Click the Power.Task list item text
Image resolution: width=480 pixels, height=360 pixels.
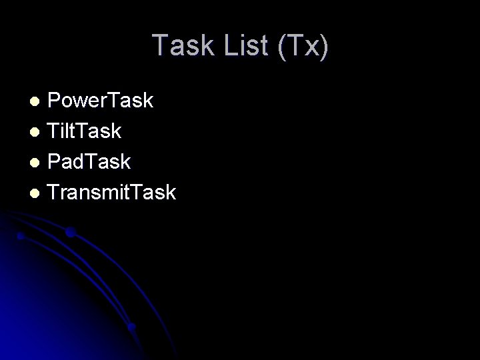(101, 101)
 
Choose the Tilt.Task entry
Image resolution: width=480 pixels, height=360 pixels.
(85, 131)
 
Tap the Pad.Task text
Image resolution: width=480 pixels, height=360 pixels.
(89, 162)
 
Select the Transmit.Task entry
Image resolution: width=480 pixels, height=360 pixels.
(112, 193)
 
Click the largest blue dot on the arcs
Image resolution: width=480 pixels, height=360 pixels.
(69, 233)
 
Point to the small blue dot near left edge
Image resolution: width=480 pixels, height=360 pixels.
(21, 236)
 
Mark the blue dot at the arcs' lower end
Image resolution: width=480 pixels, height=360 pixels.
(131, 327)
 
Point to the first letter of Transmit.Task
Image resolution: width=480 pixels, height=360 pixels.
(55, 193)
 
